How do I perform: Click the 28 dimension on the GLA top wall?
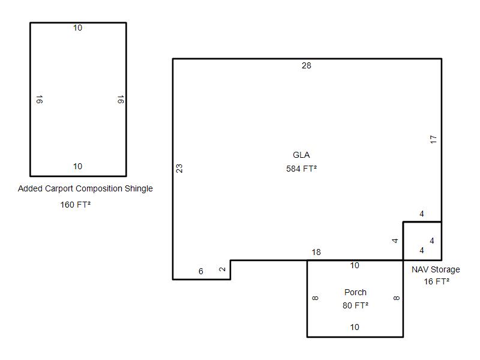(x=307, y=65)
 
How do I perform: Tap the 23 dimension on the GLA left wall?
(x=179, y=169)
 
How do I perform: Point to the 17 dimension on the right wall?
(x=433, y=139)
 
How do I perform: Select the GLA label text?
(x=301, y=155)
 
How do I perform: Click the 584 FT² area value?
(x=302, y=169)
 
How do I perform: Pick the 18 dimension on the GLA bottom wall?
(x=316, y=252)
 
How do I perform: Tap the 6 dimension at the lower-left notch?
(x=201, y=271)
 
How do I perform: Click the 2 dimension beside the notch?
(x=223, y=269)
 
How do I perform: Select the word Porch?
(x=355, y=292)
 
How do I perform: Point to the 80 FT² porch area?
(x=355, y=305)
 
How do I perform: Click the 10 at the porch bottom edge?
(x=355, y=327)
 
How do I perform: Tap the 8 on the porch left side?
(x=316, y=298)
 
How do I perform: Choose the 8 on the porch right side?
(x=396, y=298)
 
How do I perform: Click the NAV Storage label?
(x=436, y=269)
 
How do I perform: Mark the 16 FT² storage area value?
(x=437, y=281)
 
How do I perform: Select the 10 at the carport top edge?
(x=77, y=28)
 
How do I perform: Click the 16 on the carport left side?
(x=40, y=99)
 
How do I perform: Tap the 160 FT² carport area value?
(x=76, y=205)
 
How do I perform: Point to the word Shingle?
(x=139, y=188)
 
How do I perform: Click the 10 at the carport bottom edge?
(x=77, y=166)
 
